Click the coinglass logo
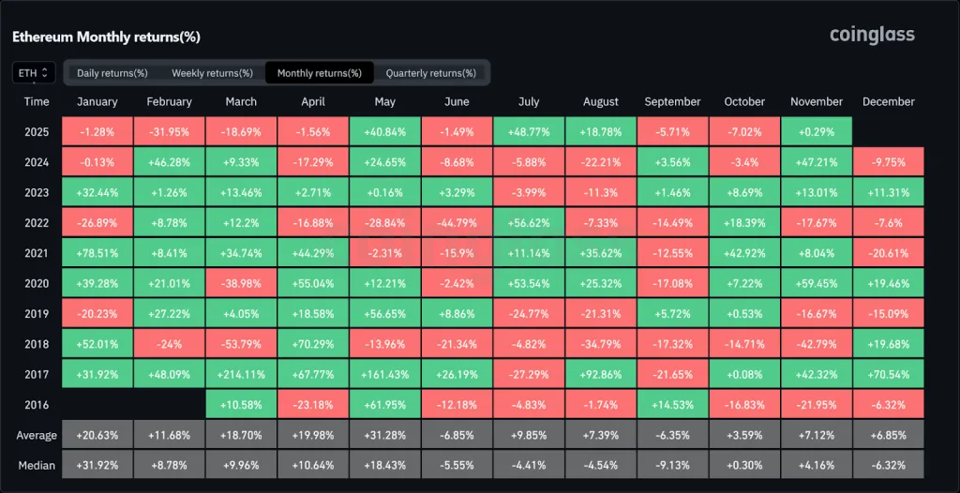click(871, 35)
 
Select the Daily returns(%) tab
click(112, 73)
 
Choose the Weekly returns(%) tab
click(212, 73)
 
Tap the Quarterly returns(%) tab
click(430, 73)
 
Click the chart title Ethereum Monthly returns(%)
click(106, 37)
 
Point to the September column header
click(672, 101)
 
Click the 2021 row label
click(37, 253)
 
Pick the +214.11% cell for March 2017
click(241, 374)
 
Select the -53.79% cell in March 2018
click(241, 344)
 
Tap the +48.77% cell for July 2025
click(528, 132)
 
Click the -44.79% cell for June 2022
click(457, 223)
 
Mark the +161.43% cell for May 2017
click(384, 374)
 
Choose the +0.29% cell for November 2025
click(816, 132)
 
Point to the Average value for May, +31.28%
click(384, 435)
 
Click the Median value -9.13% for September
click(672, 465)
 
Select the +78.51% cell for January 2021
click(97, 253)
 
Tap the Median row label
click(37, 465)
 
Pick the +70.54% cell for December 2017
click(888, 374)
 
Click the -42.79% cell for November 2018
click(816, 344)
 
